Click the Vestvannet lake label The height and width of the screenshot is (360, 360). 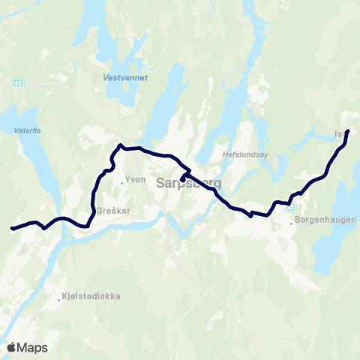pos(119,76)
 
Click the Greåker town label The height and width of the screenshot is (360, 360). pos(113,211)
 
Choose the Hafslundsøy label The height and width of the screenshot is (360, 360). pos(241,154)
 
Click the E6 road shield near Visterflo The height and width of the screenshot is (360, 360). pos(18,83)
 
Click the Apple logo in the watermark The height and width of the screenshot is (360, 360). pos(12,347)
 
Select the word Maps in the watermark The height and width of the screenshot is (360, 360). pos(33,347)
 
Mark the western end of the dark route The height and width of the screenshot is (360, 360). pos(11,228)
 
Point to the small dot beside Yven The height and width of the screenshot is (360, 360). pos(122,180)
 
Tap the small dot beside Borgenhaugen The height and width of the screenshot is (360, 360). pos(292,223)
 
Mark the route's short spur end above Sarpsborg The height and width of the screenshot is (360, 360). pos(182,180)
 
